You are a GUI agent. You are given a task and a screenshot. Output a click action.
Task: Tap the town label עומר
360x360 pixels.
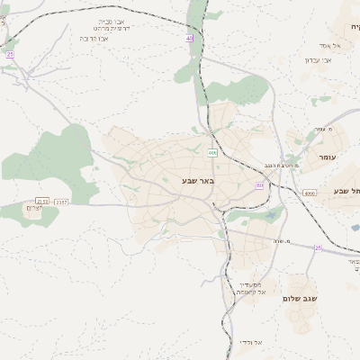click(x=330, y=157)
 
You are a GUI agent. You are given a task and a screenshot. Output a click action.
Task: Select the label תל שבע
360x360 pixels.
click(x=346, y=190)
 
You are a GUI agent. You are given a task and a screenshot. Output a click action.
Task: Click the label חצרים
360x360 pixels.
click(x=33, y=209)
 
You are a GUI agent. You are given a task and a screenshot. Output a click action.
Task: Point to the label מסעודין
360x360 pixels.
click(x=249, y=283)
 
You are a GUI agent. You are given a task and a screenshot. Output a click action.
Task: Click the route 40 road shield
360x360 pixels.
click(x=190, y=39)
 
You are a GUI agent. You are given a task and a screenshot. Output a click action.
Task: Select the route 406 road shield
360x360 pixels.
click(x=211, y=153)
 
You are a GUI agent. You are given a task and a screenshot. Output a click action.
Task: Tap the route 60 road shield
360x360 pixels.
click(x=260, y=185)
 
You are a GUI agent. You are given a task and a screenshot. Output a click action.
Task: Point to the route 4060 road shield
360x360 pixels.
click(x=310, y=193)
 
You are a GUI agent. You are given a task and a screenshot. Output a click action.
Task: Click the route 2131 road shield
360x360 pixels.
click(x=41, y=201)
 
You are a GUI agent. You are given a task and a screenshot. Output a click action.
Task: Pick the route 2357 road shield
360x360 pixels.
click(x=61, y=202)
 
